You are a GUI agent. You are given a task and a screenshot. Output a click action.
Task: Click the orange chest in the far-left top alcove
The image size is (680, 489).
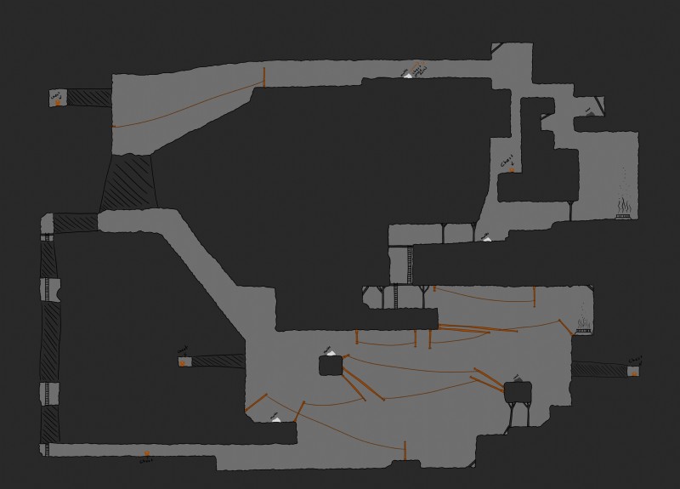pos(58,102)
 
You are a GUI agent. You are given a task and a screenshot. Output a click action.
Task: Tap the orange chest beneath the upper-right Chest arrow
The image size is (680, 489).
pos(511,170)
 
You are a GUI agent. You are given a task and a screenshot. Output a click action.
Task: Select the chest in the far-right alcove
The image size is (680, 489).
pos(633,372)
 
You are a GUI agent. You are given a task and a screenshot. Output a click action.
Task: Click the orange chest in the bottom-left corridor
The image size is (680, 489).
pos(147,455)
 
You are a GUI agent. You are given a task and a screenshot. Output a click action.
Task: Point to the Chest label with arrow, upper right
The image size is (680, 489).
pos(507,159)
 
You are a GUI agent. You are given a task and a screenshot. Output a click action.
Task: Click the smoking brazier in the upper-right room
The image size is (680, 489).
pos(623,208)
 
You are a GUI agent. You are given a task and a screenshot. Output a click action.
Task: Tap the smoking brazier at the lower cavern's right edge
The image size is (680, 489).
pos(584,323)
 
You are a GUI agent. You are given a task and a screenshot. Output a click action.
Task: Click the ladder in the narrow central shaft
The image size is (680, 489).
pos(395,295)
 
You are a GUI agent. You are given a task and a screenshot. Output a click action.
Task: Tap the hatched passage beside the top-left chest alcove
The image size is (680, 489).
pos(89,98)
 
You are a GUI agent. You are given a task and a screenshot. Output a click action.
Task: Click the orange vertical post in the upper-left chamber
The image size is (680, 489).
pos(264,77)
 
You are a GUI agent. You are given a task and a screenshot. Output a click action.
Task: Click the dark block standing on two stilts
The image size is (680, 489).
pos(518,392)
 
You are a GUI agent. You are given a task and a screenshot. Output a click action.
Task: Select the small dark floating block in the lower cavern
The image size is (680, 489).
pos(331,366)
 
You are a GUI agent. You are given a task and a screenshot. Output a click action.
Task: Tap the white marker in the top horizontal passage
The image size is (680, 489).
pos(409,76)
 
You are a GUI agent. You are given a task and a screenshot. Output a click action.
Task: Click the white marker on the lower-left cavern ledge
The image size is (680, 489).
pos(275,418)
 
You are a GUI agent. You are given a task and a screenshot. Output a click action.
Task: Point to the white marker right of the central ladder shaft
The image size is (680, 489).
pos(486,239)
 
